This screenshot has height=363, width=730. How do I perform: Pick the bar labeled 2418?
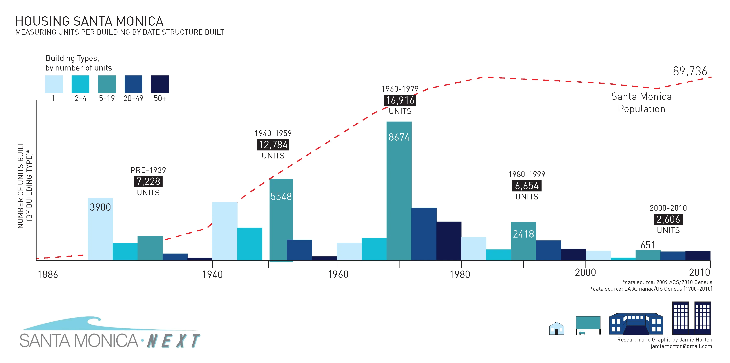(523, 241)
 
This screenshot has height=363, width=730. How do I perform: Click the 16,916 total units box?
(400, 100)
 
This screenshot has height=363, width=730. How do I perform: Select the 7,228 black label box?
(148, 181)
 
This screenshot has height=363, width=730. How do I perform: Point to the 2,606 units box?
(668, 219)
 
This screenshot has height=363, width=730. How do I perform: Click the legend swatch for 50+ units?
(160, 84)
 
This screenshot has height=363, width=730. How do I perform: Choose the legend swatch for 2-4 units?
(80, 84)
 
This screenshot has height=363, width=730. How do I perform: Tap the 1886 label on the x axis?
(48, 274)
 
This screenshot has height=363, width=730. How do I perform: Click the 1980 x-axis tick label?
(460, 274)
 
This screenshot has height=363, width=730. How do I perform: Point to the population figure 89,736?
(690, 71)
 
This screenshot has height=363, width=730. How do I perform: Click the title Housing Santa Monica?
(89, 21)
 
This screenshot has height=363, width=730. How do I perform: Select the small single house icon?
(556, 329)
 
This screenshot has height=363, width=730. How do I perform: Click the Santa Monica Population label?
(641, 102)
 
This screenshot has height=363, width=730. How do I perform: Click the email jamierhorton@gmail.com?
(681, 346)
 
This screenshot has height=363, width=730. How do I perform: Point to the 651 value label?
(648, 245)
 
